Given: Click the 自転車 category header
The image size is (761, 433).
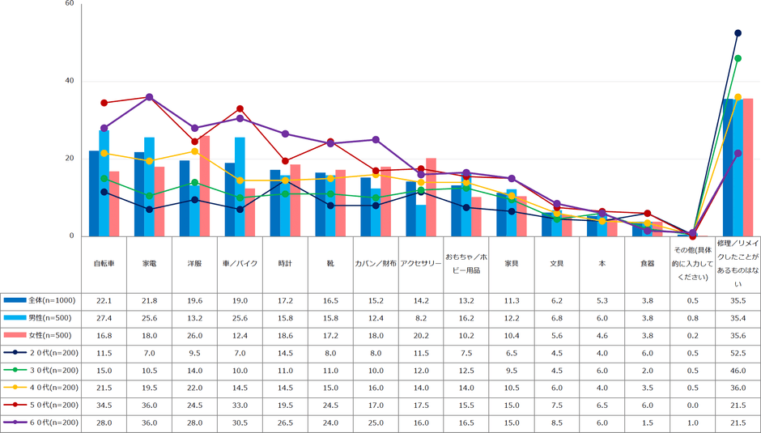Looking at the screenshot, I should (x=104, y=264).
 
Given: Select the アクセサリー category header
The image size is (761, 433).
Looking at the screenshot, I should (x=421, y=264).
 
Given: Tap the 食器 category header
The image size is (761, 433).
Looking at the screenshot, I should (x=648, y=264).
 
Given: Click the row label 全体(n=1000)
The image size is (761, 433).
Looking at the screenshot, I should (x=45, y=300).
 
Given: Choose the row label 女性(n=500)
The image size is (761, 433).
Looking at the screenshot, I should (x=45, y=335).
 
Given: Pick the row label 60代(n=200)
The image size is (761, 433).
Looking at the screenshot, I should (x=45, y=422).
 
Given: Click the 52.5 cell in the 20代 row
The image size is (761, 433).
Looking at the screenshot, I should (x=738, y=353).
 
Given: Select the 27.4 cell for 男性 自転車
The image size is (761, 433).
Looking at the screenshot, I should (x=104, y=318).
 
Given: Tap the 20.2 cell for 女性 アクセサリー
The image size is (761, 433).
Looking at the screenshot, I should (x=421, y=335).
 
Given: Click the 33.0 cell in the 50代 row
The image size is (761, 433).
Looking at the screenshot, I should (x=240, y=405).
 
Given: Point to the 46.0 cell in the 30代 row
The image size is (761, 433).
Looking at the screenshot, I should (x=738, y=371).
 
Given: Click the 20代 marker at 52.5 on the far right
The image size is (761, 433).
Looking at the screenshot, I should (x=738, y=33).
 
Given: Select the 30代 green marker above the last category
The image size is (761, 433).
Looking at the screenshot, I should (x=738, y=58).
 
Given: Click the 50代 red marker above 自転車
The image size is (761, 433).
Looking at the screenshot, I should (x=104, y=103).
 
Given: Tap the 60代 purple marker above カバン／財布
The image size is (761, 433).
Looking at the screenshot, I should (x=376, y=139).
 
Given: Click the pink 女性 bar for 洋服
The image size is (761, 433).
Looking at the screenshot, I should (x=205, y=186).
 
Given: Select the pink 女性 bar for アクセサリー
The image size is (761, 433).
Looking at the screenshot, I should (x=431, y=197).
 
